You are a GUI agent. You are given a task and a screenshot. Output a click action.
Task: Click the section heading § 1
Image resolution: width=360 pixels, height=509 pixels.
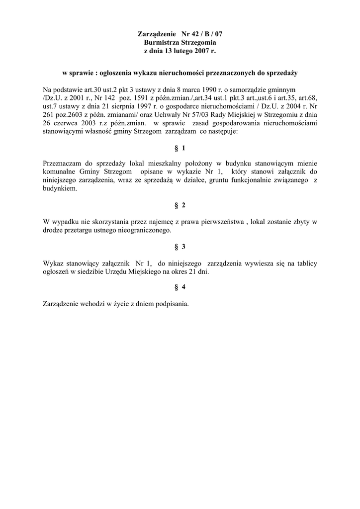click(180, 148)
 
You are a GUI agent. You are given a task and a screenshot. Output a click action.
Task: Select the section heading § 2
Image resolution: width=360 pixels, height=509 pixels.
click(180, 205)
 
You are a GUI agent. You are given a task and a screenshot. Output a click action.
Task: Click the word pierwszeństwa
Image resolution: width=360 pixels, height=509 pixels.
click(221, 222)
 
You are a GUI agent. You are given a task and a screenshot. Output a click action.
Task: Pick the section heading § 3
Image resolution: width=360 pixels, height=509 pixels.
click(180, 247)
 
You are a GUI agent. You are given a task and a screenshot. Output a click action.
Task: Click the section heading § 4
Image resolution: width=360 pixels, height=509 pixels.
click(180, 288)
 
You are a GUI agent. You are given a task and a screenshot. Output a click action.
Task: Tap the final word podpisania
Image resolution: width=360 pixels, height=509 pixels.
click(171, 304)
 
